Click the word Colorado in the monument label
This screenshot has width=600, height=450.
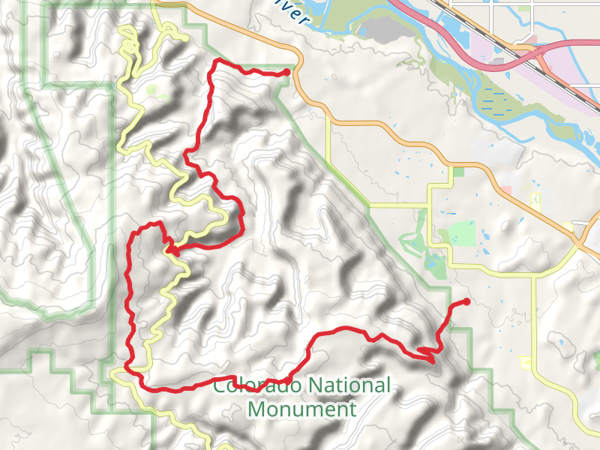coord(251,387)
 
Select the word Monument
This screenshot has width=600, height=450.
coord(301,409)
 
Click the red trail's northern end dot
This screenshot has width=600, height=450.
coord(287,72)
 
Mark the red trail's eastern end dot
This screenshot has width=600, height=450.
coord(466,301)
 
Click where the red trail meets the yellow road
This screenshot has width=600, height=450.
coord(171,250)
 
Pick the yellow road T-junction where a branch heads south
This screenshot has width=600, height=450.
coord(534,276)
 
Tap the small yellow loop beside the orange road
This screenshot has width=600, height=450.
coord(535,199)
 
